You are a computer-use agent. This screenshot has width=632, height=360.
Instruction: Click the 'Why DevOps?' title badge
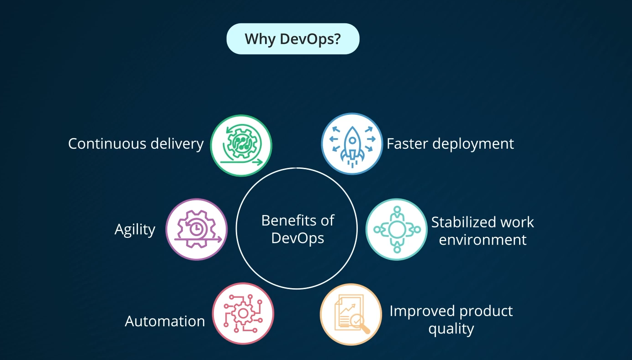point(293,39)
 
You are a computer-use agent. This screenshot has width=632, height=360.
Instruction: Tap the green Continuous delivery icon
point(241,145)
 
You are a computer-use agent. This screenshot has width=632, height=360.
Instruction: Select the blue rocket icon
point(352,144)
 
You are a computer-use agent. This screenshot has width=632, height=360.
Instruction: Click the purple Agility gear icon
point(197,229)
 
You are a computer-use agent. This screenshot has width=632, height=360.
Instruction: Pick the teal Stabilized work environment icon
point(397,229)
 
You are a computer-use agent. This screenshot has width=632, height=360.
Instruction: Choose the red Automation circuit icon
point(243,314)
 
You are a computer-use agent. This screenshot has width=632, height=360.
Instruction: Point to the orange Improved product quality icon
point(351,314)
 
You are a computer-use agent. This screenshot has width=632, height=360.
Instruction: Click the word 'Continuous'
point(106,144)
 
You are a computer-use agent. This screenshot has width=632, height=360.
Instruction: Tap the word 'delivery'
point(177,144)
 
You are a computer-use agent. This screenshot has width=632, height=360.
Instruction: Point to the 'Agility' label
point(135,230)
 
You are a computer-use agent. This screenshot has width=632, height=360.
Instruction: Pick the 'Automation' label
point(165,321)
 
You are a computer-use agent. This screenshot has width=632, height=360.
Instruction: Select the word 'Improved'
point(422,312)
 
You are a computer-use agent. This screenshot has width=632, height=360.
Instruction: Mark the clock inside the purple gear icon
point(195,227)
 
